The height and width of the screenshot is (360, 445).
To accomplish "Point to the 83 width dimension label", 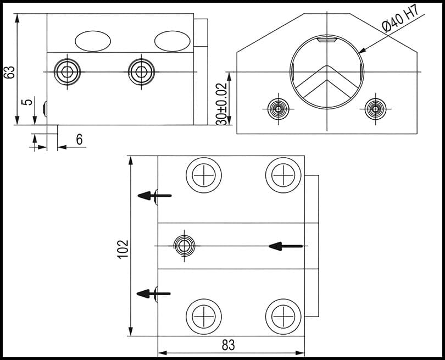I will [x=228, y=345].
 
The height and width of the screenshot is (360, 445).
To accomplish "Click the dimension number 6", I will [x=79, y=140].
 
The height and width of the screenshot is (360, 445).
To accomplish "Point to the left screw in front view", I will [x=279, y=108].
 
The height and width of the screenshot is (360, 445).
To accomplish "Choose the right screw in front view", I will [x=375, y=108].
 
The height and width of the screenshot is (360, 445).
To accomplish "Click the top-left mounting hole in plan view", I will [x=204, y=175].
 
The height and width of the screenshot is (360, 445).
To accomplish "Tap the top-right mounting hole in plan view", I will [x=283, y=175].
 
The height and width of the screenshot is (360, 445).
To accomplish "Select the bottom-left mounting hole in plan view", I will [x=204, y=317].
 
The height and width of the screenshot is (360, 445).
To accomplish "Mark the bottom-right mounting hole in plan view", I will [x=283, y=317].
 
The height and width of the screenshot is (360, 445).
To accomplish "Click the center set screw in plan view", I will [x=183, y=245].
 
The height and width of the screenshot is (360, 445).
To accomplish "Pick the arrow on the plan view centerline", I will [x=286, y=246].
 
